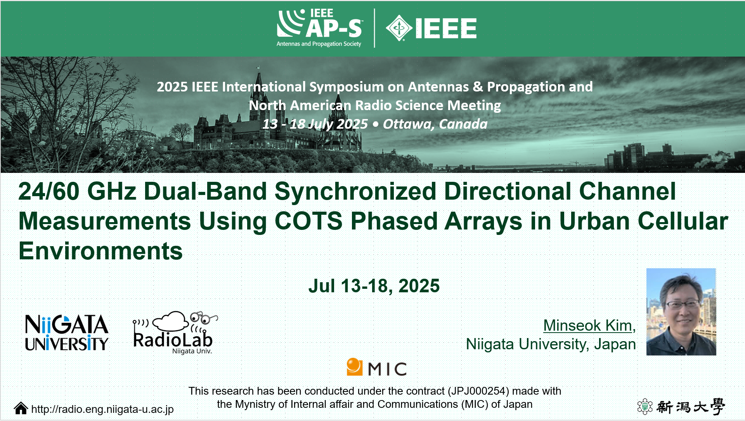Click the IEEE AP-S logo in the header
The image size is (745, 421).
[x=319, y=28]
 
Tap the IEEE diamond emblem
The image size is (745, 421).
[x=399, y=28]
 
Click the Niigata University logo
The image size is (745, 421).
[x=66, y=333]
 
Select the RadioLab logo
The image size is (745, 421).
[x=175, y=333]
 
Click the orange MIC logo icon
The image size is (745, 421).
[x=354, y=367]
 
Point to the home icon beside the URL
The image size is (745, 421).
[x=21, y=408]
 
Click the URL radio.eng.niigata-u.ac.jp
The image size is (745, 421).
[x=102, y=409]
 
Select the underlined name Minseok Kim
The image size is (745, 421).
[x=587, y=326]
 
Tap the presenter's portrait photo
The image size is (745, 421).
[x=681, y=312]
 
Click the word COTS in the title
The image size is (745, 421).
[x=308, y=221]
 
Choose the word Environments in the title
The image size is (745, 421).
[x=100, y=251]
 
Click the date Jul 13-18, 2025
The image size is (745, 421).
[x=374, y=286]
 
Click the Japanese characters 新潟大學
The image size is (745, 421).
[x=690, y=407]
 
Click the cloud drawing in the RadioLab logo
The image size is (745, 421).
[x=171, y=321]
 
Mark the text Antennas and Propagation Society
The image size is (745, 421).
[x=319, y=44]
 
